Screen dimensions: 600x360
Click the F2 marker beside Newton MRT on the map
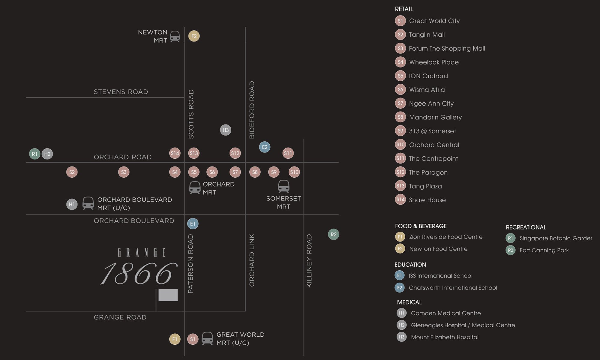tap(194, 36)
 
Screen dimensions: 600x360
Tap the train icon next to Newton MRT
tap(175, 36)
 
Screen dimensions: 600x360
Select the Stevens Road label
tap(121, 92)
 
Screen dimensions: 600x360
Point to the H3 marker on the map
tap(226, 130)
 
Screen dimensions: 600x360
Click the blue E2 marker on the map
tap(265, 147)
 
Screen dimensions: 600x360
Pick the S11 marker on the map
tap(288, 153)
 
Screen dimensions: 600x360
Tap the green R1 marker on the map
tap(34, 154)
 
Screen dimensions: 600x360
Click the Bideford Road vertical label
tap(252, 110)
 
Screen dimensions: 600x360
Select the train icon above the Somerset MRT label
tap(283, 186)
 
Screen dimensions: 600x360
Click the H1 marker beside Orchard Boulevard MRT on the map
tap(72, 204)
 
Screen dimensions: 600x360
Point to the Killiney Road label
tap(309, 261)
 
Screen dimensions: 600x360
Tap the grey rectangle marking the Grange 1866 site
tap(168, 295)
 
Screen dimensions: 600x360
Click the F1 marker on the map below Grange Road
tap(175, 339)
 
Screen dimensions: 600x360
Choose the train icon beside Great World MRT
tap(207, 338)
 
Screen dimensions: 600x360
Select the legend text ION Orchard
tap(428, 76)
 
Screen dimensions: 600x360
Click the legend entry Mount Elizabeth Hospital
tap(445, 337)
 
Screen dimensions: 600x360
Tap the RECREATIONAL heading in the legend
tap(526, 227)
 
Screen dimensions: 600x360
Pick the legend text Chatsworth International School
tap(453, 288)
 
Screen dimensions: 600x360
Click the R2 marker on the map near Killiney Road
tap(334, 234)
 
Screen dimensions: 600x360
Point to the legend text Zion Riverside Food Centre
tap(446, 237)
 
